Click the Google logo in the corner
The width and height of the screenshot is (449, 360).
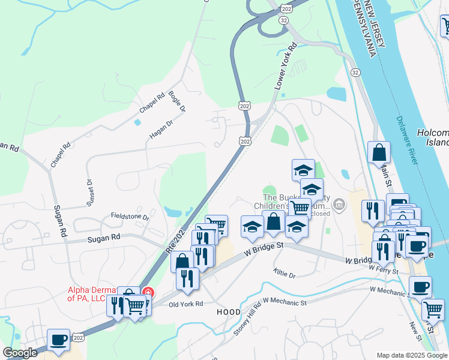point(20,353)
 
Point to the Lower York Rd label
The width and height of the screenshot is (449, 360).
point(287,66)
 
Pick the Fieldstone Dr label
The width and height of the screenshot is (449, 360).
point(129,216)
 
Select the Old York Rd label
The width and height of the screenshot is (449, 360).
point(186,304)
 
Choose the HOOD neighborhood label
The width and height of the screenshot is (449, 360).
point(228,313)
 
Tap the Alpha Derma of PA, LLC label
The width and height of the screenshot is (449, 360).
point(95,293)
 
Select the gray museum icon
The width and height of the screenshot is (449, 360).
point(339,206)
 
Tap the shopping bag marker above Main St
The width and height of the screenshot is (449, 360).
point(379,154)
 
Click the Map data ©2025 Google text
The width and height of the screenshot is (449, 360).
point(412,355)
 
